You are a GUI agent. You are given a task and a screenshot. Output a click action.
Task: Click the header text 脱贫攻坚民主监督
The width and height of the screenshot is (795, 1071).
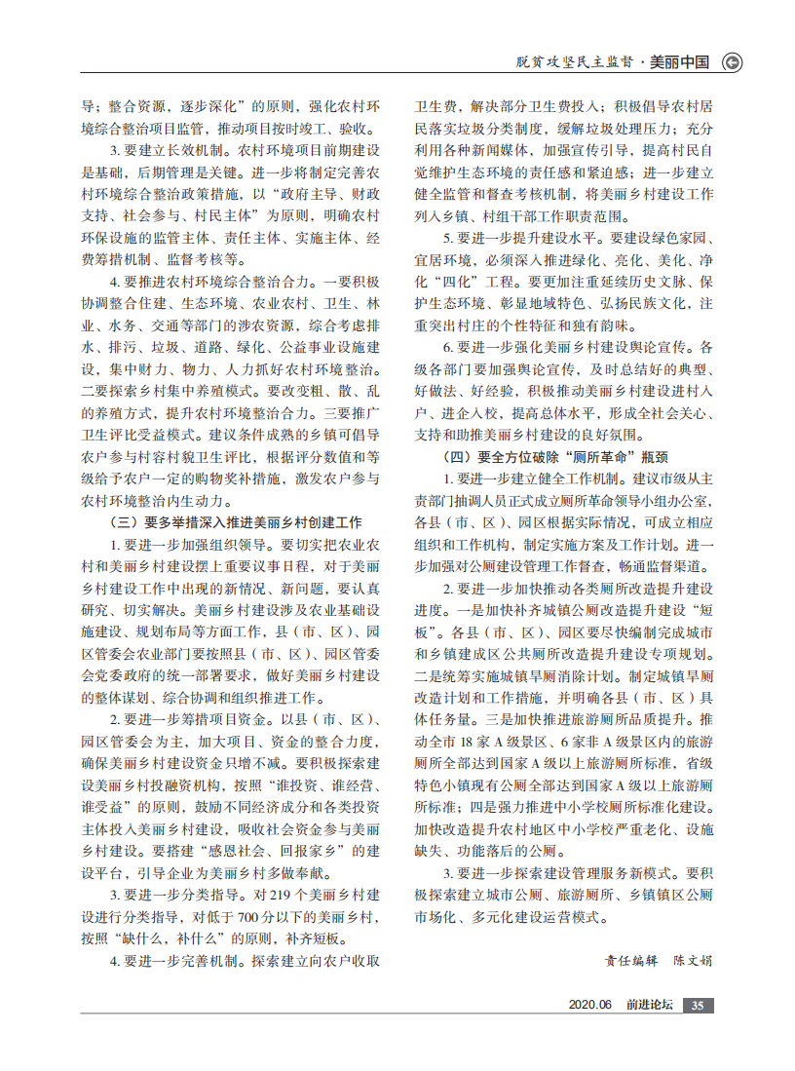tap(576, 62)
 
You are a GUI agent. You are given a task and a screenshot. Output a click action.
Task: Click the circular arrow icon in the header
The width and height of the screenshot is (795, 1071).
tap(732, 62)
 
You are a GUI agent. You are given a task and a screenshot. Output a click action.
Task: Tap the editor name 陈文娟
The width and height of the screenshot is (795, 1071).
tap(693, 960)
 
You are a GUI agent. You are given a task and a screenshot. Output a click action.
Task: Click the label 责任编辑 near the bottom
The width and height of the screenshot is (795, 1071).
tap(631, 960)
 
